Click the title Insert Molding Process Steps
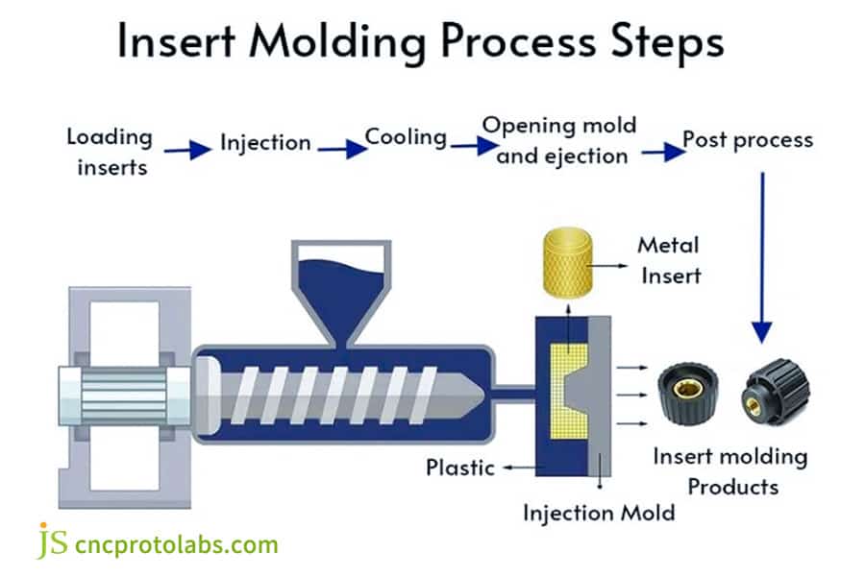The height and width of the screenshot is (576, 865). [420, 44]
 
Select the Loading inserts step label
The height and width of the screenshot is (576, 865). [109, 152]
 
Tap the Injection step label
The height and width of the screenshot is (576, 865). [265, 143]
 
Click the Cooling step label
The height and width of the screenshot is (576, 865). [406, 137]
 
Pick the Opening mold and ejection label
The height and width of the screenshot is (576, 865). [559, 139]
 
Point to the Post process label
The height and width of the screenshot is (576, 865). [747, 140]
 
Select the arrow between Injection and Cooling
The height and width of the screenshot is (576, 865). [341, 149]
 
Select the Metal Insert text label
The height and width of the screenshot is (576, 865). [668, 260]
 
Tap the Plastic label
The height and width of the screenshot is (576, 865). [460, 468]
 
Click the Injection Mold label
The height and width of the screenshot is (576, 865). [598, 513]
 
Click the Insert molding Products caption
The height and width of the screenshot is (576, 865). [730, 470]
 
